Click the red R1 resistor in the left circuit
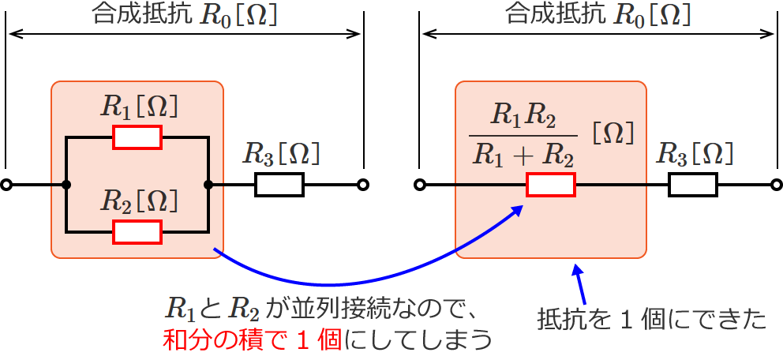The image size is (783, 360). pyautogui.click(x=137, y=137)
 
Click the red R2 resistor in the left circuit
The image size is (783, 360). pyautogui.click(x=137, y=232)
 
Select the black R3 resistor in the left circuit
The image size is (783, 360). pyautogui.click(x=279, y=186)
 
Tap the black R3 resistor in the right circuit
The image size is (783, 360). pyautogui.click(x=692, y=186)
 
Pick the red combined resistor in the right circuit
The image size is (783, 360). pyautogui.click(x=551, y=186)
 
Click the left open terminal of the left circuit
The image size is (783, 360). pyautogui.click(x=6, y=186)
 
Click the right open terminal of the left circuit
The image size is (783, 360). pyautogui.click(x=362, y=186)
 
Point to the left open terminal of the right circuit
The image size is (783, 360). pyautogui.click(x=421, y=186)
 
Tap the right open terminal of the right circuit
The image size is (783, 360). pyautogui.click(x=776, y=186)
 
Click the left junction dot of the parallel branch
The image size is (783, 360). pyautogui.click(x=66, y=186)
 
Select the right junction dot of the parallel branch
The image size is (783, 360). pyautogui.click(x=208, y=186)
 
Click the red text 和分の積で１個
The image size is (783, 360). pyautogui.click(x=252, y=339)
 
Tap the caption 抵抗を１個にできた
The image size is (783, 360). pyautogui.click(x=651, y=320)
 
